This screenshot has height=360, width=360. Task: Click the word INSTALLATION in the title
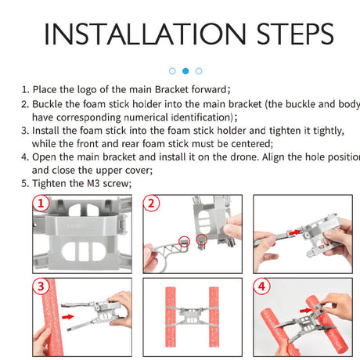(145, 34)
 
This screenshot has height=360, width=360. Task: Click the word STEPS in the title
(295, 34)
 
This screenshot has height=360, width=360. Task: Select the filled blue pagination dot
(185, 71)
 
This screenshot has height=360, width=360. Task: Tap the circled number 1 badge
(41, 203)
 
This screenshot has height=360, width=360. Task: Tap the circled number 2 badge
(151, 203)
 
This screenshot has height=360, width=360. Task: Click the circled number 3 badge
(41, 286)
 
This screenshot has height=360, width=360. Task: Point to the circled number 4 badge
(261, 286)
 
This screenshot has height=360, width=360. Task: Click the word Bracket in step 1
(171, 89)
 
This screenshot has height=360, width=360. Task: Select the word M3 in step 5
(93, 183)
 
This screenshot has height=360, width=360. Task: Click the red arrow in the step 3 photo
(68, 317)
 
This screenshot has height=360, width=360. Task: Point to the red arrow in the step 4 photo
(306, 310)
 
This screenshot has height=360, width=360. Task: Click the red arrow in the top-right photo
(295, 232)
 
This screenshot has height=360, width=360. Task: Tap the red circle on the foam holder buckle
(185, 241)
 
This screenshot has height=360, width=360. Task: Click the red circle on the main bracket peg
(201, 239)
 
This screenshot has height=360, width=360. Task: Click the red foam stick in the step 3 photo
(52, 317)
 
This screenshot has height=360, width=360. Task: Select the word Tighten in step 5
(49, 183)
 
